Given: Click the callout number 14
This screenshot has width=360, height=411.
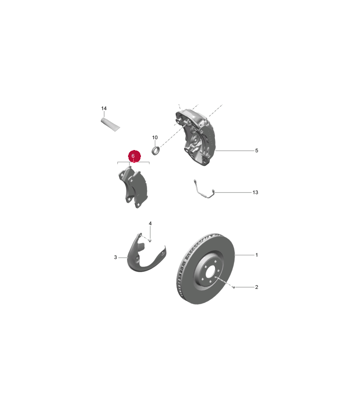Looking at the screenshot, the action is point(104,108).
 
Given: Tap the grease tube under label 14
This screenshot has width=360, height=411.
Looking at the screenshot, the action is point(111,124).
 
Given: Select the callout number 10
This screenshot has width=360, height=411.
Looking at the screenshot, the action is point(155,137).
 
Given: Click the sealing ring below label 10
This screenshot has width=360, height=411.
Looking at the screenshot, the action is point(156,151).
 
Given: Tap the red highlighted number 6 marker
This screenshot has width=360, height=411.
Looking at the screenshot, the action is point(134,156).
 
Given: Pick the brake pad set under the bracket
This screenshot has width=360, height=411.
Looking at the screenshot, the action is point(133,186).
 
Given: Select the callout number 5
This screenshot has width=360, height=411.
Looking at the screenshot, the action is point(257,151).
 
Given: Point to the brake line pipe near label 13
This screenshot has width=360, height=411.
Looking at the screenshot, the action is point(204,190).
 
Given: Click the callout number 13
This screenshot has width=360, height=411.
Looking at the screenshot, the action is point(255,192).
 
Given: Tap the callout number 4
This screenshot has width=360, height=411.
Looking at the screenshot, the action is point(150,223).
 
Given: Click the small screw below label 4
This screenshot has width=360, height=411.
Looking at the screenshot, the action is point(150,240).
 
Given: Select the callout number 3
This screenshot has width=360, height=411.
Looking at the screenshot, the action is point(115,257).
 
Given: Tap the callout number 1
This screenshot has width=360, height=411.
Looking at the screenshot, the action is point(257,255).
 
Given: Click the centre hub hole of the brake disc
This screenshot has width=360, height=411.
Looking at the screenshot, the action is point(210,273).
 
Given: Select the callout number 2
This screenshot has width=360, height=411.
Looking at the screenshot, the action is point(257,287).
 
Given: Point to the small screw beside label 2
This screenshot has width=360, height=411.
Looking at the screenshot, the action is point(233,287).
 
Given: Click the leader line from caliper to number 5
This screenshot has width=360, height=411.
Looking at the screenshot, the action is point(235,151).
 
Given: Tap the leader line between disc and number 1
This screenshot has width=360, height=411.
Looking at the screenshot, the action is point(245,255).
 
